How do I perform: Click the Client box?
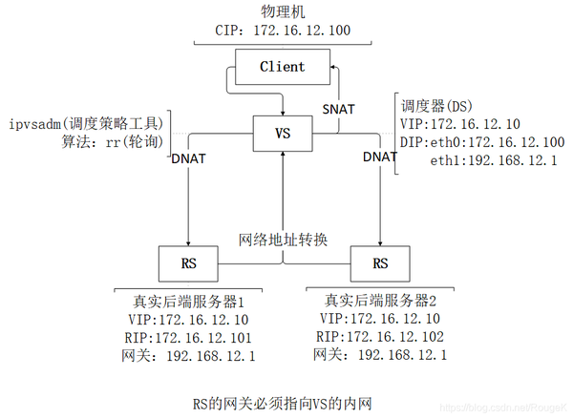point(282,67)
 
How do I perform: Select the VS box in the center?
point(282,134)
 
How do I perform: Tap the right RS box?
point(380,261)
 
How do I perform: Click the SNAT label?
point(338,109)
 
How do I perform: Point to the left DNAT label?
point(191,158)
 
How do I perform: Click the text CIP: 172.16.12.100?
point(284,31)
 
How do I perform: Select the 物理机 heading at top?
point(285,10)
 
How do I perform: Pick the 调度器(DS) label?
point(435,104)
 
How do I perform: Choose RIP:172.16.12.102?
point(380,336)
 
